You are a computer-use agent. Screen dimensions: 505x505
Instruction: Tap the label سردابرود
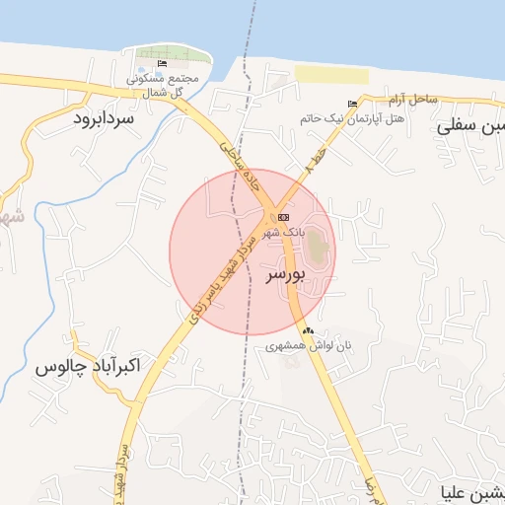coord(103,118)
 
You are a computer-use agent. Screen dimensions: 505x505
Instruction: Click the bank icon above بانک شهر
coord(284,217)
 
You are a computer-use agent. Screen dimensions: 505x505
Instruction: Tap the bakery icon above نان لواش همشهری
coord(309,331)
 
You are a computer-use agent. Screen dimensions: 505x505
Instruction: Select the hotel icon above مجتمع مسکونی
coord(163,64)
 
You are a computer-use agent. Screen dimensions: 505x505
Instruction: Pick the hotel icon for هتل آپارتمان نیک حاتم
coord(352,104)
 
